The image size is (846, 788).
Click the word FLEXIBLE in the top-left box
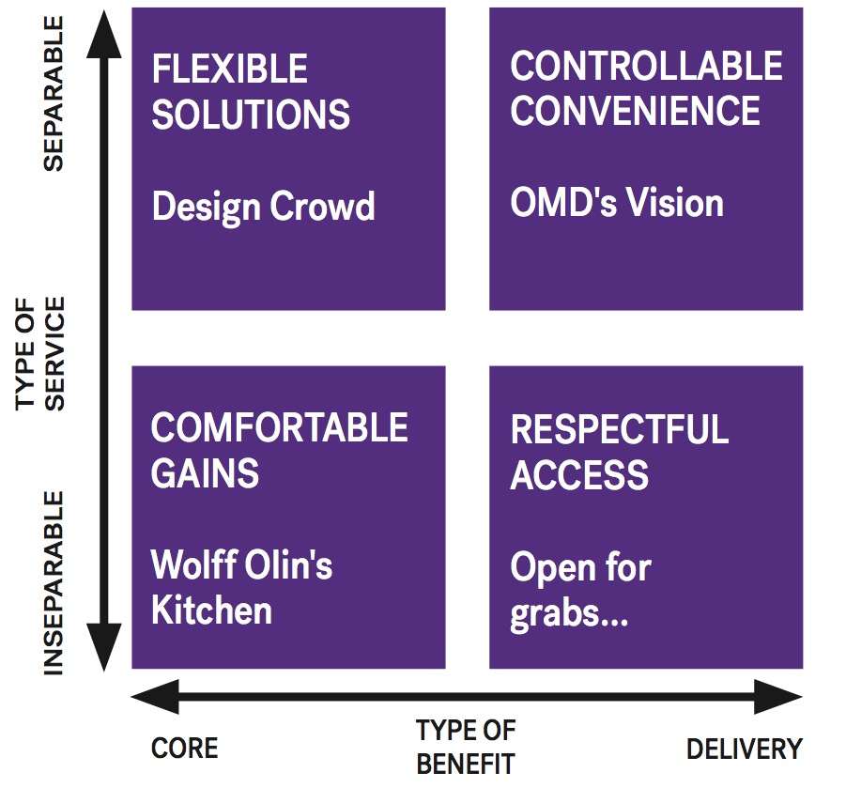[230, 69]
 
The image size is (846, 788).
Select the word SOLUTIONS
[251, 115]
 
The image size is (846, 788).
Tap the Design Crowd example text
[263, 207]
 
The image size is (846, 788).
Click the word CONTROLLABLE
[646, 66]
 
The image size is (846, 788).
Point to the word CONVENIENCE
[636, 110]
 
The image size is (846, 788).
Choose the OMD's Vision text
[617, 203]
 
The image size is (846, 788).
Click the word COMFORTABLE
[280, 427]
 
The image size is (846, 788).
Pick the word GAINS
[205, 472]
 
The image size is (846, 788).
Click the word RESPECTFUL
[620, 429]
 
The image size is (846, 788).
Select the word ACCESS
[579, 475]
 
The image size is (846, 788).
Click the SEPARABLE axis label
[54, 93]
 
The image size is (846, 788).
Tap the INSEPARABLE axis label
[54, 583]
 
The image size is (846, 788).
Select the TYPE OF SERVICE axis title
[39, 353]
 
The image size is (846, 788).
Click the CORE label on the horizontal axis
[185, 748]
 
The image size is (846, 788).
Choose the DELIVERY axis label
[745, 749]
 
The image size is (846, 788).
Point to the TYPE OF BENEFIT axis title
[466, 747]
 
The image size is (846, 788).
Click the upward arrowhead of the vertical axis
[104, 34]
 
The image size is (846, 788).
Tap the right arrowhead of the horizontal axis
[778, 697]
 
